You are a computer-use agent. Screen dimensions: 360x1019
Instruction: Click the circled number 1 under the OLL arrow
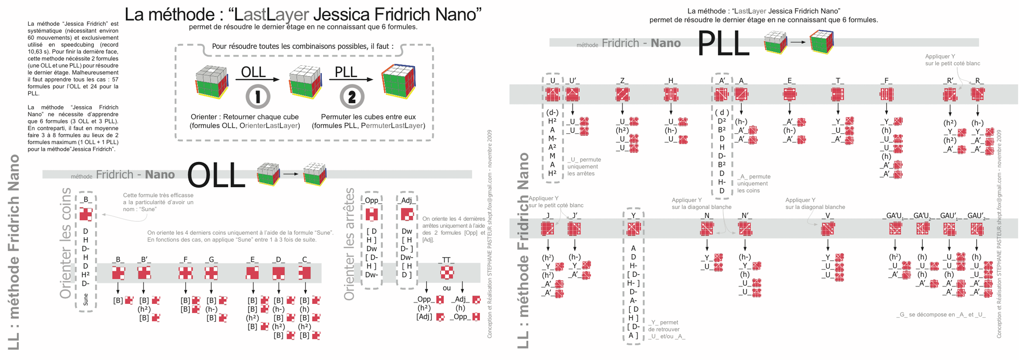click(x=258, y=96)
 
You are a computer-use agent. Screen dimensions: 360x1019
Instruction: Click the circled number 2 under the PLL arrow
click(x=352, y=96)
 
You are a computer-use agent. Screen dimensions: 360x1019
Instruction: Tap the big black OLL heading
click(x=216, y=175)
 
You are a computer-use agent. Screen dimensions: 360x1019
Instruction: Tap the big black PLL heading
click(x=723, y=44)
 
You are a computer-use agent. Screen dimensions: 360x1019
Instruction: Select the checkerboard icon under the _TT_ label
click(x=446, y=272)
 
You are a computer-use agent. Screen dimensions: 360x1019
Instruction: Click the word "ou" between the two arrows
click(x=446, y=288)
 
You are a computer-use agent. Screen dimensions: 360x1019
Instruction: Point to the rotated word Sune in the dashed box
click(x=86, y=299)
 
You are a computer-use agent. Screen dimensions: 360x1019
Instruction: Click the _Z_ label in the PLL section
click(x=622, y=81)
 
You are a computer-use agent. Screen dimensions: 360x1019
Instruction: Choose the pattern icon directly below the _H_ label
click(x=671, y=94)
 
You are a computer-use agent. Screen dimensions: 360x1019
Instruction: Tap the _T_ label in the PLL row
click(x=838, y=81)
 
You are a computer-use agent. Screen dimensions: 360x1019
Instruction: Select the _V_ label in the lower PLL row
click(x=828, y=216)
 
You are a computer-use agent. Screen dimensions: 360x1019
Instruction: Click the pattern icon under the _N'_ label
click(x=745, y=229)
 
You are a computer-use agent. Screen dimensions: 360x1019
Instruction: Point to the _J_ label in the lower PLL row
click(x=548, y=216)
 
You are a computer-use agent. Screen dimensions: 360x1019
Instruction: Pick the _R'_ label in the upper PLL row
click(x=950, y=81)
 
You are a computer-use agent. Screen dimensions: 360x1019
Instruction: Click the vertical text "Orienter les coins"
click(x=66, y=243)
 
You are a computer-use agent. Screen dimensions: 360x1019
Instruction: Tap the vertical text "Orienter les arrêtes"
click(x=350, y=244)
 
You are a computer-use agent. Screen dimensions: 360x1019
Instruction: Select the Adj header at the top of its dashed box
click(x=406, y=200)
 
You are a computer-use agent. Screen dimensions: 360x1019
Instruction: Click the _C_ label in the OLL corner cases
click(x=305, y=260)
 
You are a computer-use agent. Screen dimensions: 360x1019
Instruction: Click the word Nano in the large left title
click(x=458, y=14)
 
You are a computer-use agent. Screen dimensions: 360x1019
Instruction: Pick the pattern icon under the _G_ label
click(x=211, y=273)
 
